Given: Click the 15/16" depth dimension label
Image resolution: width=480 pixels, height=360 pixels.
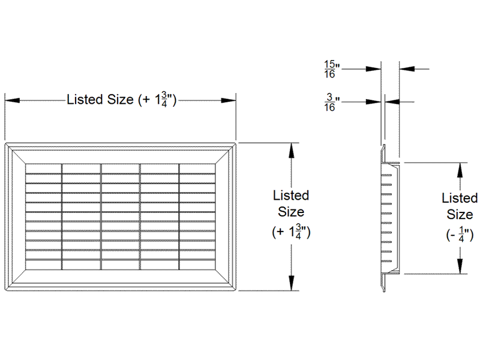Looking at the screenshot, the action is point(332,69).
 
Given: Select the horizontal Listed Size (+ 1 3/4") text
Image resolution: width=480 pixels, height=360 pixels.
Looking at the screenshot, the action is point(122,100).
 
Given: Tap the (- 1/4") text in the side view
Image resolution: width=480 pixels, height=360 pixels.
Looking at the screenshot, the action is point(460,235).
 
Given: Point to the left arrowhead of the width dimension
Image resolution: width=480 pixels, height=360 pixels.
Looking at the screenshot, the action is point(12,100).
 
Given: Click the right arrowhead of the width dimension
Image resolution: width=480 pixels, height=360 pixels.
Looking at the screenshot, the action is point(229,100).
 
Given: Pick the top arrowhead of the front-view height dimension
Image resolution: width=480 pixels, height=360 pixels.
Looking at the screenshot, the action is point(292,151).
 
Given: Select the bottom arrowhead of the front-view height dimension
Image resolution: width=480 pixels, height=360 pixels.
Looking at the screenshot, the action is point(292,283).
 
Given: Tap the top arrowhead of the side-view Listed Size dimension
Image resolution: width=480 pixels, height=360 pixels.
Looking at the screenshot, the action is point(460,170).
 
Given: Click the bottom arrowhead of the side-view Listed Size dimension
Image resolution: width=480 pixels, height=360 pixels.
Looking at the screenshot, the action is point(460,266).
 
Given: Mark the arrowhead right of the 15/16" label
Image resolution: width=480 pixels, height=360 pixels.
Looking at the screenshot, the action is point(373,69).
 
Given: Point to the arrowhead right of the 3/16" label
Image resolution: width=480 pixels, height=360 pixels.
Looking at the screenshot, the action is point(373,102).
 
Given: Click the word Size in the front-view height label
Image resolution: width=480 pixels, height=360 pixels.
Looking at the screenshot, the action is point(291,212).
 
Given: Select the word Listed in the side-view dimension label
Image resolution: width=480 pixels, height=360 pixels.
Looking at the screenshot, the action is point(460,198).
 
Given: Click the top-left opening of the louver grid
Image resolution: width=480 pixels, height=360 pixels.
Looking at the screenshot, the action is point(43,169).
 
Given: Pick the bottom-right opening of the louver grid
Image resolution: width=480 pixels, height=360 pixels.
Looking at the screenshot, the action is point(197,265).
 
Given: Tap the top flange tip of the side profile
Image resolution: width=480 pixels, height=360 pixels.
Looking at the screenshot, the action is point(383,146).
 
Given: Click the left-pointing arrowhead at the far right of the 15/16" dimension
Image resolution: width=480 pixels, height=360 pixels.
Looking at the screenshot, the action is point(407,69).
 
